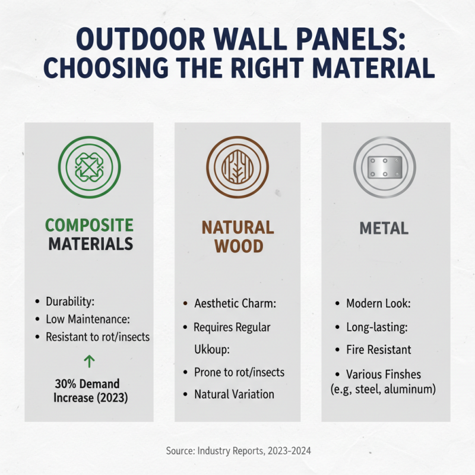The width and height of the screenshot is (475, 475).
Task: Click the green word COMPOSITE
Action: (89, 225)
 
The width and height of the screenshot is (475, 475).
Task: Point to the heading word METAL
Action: (384, 228)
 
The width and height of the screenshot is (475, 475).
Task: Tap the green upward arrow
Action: (90, 361)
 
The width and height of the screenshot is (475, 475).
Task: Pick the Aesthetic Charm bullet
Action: (235, 303)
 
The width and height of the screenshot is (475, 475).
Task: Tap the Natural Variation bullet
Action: (234, 394)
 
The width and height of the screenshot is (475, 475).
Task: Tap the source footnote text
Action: (237, 451)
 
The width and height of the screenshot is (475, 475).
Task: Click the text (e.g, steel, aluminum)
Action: (383, 389)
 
